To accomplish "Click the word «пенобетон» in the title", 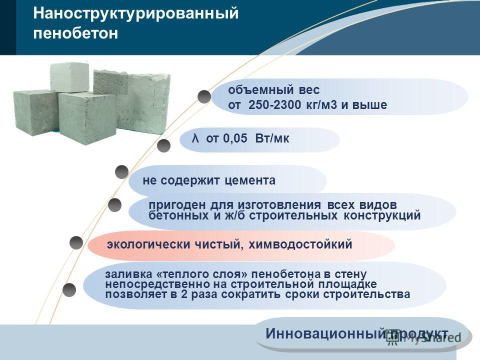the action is point(75,33).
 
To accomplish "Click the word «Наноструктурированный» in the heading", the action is point(135,14).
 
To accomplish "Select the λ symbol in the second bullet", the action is point(195,138).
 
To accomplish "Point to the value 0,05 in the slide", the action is point(235,138).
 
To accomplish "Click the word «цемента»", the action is point(250,180).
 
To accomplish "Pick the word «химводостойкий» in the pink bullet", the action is point(300,244).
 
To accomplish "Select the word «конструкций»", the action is point(382,215).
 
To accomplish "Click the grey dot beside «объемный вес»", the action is point(204,96).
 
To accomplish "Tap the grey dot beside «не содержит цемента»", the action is point(121,172).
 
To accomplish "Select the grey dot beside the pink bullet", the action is point(76,243).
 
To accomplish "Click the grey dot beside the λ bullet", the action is point(164,145).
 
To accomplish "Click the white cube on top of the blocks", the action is point(69,77).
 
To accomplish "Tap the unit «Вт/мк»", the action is point(272,138).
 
